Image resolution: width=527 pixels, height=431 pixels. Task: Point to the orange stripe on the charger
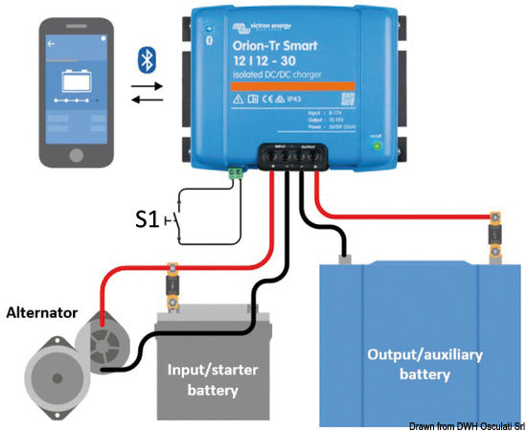pos(294,87)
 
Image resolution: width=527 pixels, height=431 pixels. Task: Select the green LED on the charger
pos(378,146)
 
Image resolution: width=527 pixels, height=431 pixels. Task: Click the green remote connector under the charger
pos(233,173)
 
